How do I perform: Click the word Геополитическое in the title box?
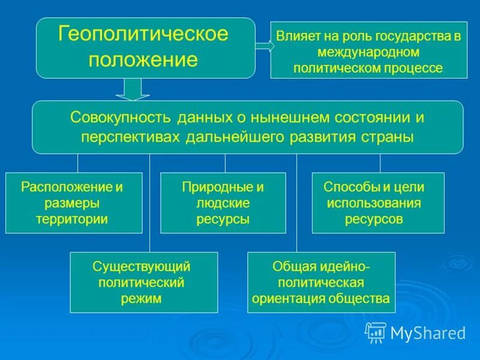click(x=143, y=34)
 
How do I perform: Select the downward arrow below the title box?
click(x=133, y=89)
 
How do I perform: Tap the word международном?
click(x=368, y=52)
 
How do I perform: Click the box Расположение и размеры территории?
click(x=74, y=203)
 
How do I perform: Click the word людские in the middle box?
click(x=223, y=203)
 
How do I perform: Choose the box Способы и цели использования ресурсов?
click(x=378, y=203)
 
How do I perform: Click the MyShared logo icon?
click(x=376, y=332)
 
